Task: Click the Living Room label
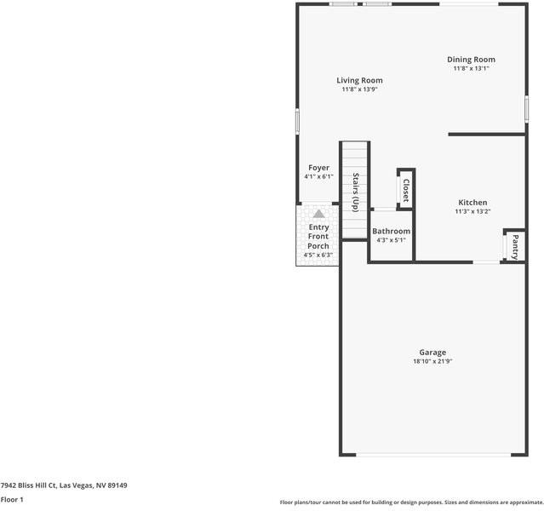(359, 80)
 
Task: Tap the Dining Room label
(472, 60)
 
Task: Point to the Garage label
(432, 353)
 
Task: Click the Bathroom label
(391, 231)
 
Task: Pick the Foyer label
(318, 168)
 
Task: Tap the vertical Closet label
(406, 188)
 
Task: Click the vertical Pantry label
(515, 246)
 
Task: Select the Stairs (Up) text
(356, 192)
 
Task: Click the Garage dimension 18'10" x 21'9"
(432, 362)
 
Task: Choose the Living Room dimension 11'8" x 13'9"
(359, 89)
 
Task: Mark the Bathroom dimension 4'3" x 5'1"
(391, 240)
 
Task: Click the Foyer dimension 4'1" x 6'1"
(318, 176)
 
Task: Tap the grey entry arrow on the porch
(318, 215)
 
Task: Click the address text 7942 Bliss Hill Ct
(64, 485)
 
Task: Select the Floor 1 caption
(12, 500)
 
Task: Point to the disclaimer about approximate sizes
(411, 502)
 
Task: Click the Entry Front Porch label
(318, 237)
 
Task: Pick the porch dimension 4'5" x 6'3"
(318, 255)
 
